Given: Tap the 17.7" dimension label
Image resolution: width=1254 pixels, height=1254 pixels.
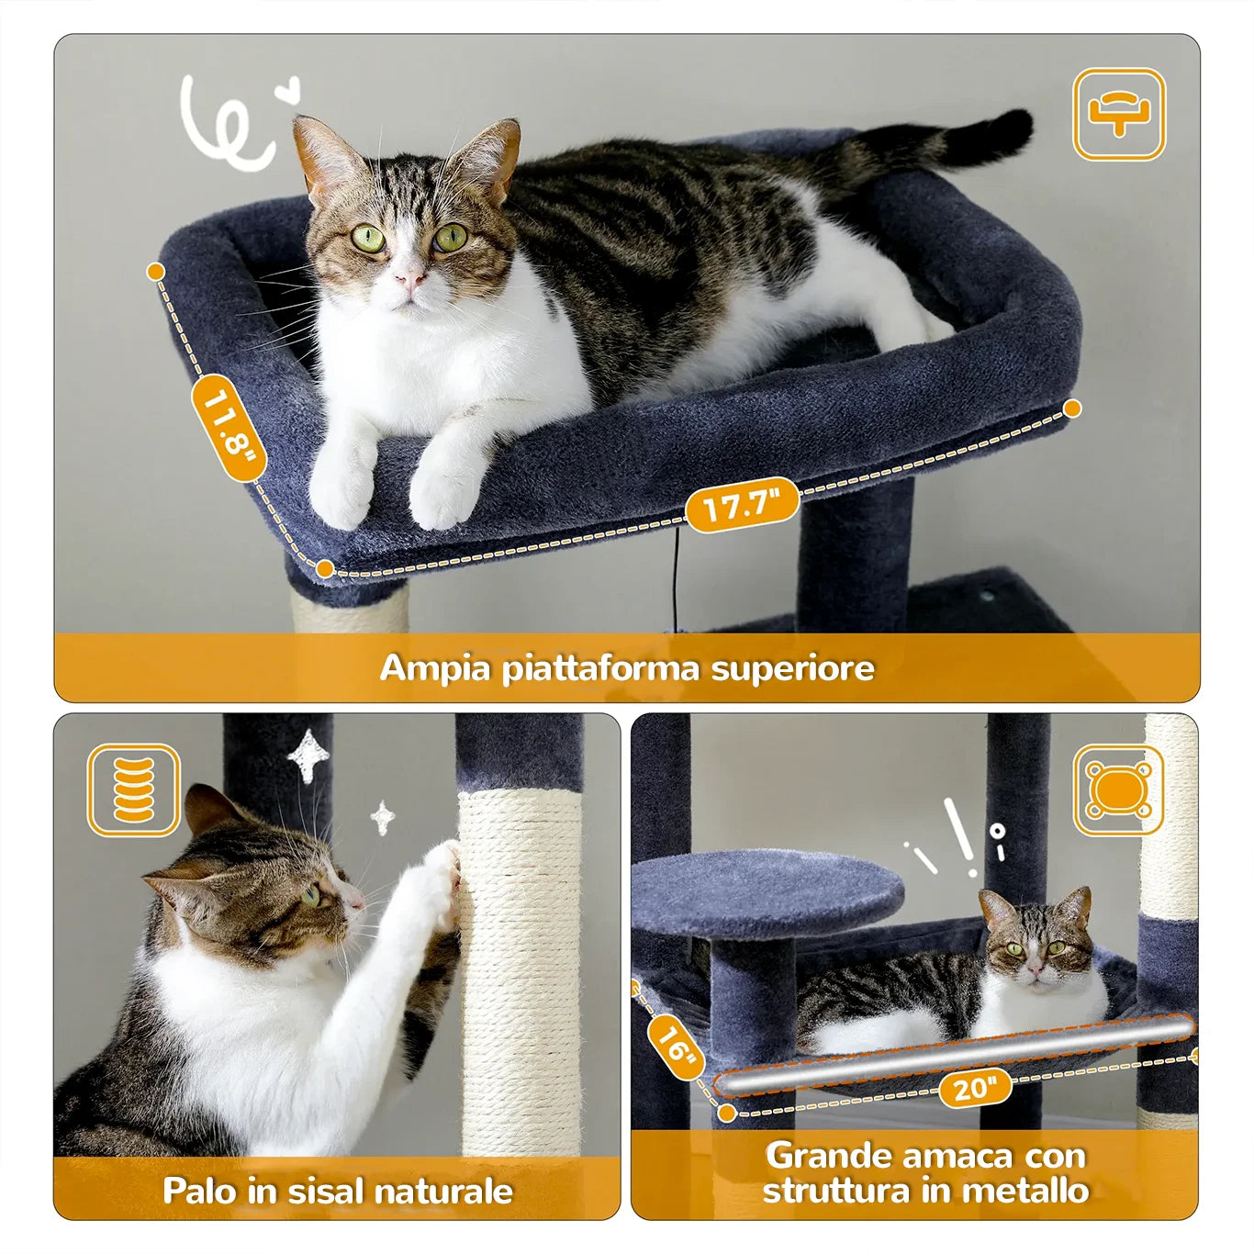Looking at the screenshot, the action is [x=743, y=505].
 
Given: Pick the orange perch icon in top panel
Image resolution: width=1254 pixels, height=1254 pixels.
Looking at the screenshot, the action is [x=1119, y=115].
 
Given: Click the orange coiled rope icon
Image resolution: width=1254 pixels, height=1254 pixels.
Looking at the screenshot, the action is [x=134, y=790].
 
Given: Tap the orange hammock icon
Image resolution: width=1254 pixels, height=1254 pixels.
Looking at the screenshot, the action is [x=1119, y=790].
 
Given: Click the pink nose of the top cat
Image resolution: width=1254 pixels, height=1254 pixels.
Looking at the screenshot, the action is [x=410, y=280].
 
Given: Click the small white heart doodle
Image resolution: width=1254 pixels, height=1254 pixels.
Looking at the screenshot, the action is [x=287, y=89].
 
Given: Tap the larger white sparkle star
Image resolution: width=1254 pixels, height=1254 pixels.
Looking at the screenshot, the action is [x=308, y=756].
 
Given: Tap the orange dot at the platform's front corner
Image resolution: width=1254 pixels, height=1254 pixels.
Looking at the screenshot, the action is [x=325, y=569].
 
